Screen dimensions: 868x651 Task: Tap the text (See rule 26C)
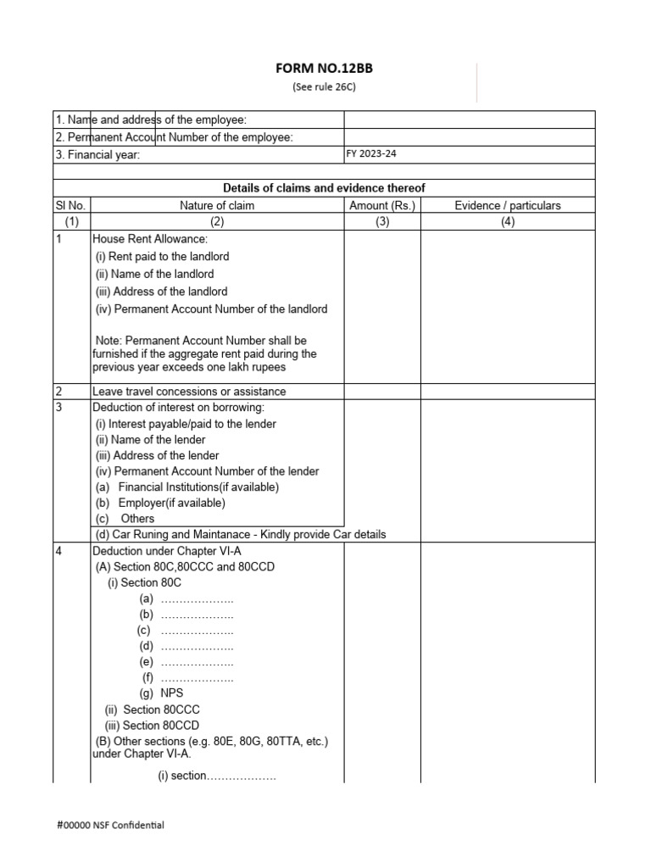coord(325,86)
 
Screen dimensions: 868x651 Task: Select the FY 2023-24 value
coord(371,153)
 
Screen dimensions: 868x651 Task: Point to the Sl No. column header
coord(70,205)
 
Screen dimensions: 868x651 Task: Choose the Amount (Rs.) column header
coord(381,205)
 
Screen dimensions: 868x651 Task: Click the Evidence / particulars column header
coord(507,205)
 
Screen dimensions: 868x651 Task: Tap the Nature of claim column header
coord(216,205)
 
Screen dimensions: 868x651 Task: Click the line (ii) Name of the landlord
coord(154,274)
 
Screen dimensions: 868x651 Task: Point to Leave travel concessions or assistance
coord(189,392)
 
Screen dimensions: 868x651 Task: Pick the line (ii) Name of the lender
coord(151,440)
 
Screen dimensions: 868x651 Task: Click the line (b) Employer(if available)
coord(161,503)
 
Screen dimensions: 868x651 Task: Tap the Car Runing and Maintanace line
coord(241,534)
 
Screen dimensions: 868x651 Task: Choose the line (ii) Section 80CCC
coord(153,709)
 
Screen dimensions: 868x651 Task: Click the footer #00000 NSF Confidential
coord(111,825)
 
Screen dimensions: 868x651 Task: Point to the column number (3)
coord(381,221)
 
